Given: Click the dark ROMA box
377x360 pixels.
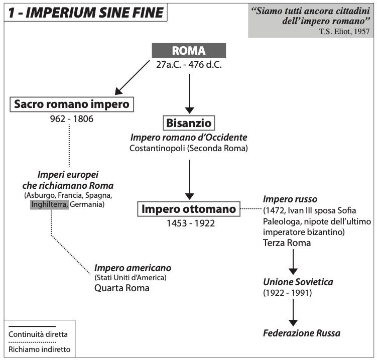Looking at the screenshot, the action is [x=189, y=51].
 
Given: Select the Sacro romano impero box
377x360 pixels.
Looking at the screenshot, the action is [x=72, y=104].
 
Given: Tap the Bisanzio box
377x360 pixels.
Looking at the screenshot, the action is [x=189, y=123].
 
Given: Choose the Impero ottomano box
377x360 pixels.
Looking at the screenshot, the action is [x=189, y=209].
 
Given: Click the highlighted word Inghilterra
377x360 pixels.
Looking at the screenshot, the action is [x=49, y=204].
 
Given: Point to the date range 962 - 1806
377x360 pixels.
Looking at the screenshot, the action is [x=72, y=119].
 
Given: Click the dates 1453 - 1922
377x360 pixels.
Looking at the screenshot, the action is [x=191, y=223].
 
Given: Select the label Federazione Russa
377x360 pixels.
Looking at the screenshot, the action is [x=302, y=333].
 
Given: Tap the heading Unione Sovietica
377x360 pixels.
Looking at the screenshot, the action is [x=298, y=282].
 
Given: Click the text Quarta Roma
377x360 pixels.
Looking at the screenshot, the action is [x=122, y=288].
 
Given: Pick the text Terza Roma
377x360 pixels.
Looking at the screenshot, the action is [x=287, y=243].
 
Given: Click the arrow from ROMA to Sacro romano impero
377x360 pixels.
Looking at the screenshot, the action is [x=132, y=77].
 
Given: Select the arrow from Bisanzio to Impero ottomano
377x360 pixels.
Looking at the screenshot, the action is [x=189, y=180].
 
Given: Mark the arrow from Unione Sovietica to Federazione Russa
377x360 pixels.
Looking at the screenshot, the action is [x=293, y=313].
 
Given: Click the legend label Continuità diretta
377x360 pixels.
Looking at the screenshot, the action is [x=38, y=334].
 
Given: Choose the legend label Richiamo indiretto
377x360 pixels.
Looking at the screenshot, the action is [x=40, y=349].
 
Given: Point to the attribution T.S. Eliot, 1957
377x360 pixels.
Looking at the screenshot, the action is [x=344, y=31].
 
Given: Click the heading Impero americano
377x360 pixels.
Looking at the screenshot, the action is [x=133, y=268].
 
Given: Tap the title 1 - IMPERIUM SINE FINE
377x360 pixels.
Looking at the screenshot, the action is [x=86, y=13].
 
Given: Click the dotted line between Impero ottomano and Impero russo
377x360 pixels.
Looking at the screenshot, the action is [x=251, y=209].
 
